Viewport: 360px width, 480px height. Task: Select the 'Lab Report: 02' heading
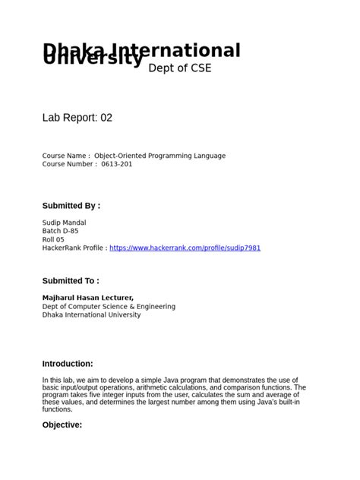[x=77, y=118]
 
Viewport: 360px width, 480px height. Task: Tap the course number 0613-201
[x=116, y=163]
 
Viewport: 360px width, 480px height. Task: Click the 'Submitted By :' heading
[x=71, y=205]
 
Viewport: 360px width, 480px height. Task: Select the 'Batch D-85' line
[x=60, y=231]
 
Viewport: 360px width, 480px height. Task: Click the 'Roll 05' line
[x=54, y=239]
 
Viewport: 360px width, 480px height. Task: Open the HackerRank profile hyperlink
[x=185, y=248]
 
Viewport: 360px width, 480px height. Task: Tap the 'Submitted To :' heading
[x=71, y=280]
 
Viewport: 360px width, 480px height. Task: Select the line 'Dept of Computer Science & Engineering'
[x=109, y=306]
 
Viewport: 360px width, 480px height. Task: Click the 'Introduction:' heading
[x=68, y=364]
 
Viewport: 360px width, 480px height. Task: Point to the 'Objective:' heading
[x=62, y=425]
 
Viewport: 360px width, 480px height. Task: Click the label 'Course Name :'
[x=66, y=155]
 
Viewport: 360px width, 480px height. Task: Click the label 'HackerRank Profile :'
[x=74, y=248]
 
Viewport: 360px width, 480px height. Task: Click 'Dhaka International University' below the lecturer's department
[x=91, y=314]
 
